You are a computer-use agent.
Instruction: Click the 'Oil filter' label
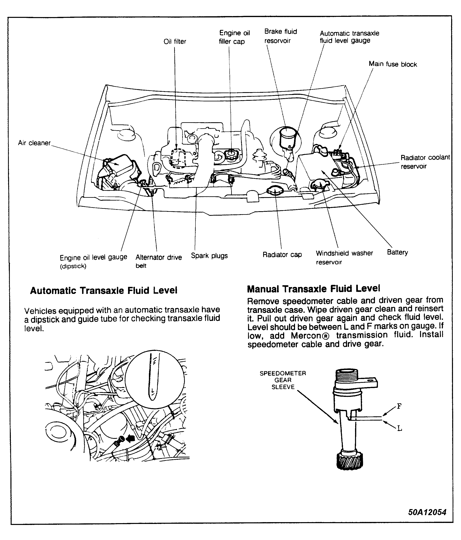[175, 41]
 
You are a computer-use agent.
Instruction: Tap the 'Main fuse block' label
[393, 64]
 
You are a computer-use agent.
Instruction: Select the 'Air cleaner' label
[34, 143]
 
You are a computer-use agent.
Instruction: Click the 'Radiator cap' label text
[282, 254]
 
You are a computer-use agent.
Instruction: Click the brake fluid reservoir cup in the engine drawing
[287, 137]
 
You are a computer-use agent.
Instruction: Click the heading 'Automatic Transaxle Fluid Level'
[104, 290]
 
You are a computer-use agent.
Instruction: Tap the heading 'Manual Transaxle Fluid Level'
[313, 288]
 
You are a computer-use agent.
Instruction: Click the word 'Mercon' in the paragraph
[307, 335]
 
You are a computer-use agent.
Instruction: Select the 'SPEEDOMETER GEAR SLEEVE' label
[283, 380]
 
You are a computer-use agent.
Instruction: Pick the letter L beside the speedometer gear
[400, 428]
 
